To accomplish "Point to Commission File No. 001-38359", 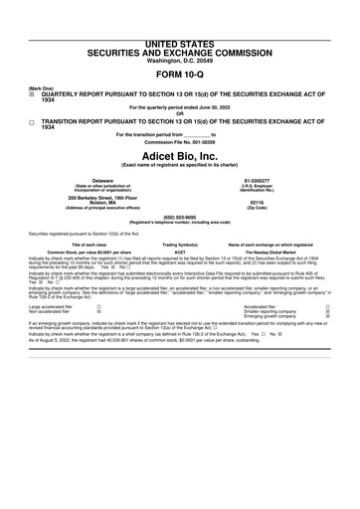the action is [180, 143].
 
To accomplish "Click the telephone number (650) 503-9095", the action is [180, 219].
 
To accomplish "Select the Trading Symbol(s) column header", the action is [181, 245].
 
